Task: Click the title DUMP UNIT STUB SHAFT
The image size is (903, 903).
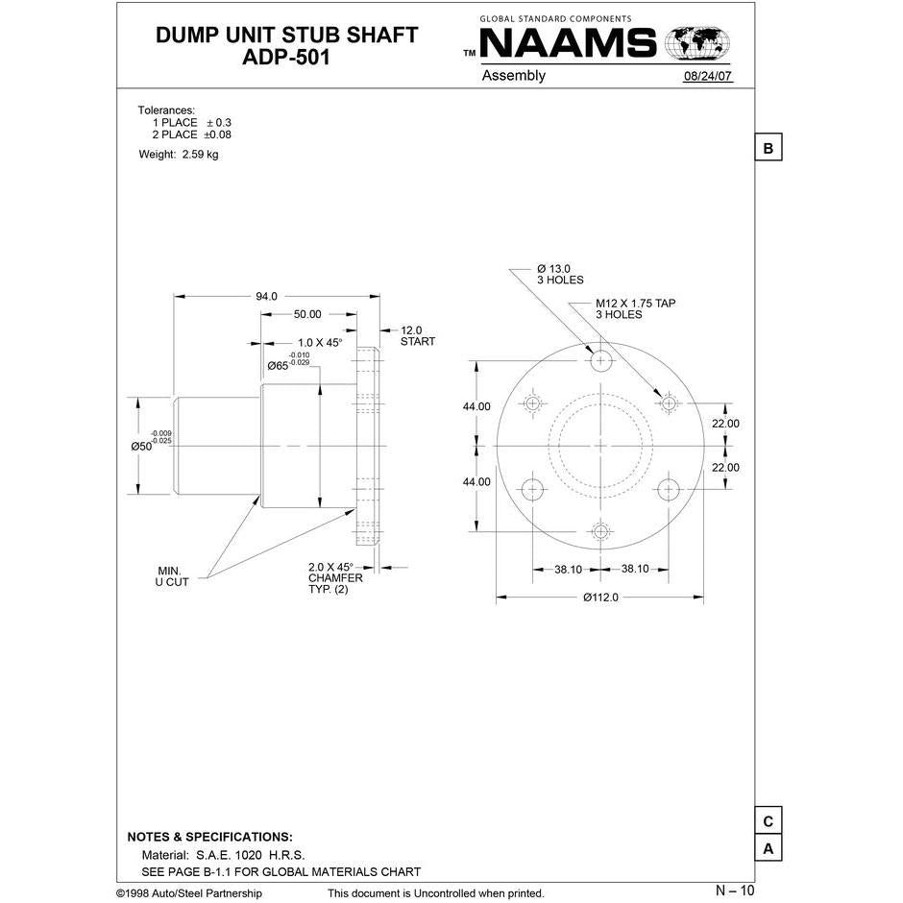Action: pyautogui.click(x=286, y=36)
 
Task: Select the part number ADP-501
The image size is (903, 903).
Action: pyautogui.click(x=286, y=58)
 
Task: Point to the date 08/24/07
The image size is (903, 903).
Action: pyautogui.click(x=707, y=77)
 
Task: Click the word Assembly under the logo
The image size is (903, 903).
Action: pyautogui.click(x=513, y=76)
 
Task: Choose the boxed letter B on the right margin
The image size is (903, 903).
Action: pyautogui.click(x=768, y=149)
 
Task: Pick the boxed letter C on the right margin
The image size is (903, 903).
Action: pyautogui.click(x=768, y=822)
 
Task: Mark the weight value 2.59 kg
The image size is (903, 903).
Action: pyautogui.click(x=200, y=155)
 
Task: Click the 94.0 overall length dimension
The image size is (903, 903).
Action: pyautogui.click(x=266, y=297)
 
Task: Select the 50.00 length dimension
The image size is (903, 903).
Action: pyautogui.click(x=307, y=314)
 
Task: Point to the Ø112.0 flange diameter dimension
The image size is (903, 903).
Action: pyautogui.click(x=599, y=598)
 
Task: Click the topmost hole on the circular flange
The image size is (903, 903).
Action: pyautogui.click(x=601, y=361)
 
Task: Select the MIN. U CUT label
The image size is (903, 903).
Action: pyautogui.click(x=172, y=576)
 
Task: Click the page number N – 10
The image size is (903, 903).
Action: pyautogui.click(x=735, y=891)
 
